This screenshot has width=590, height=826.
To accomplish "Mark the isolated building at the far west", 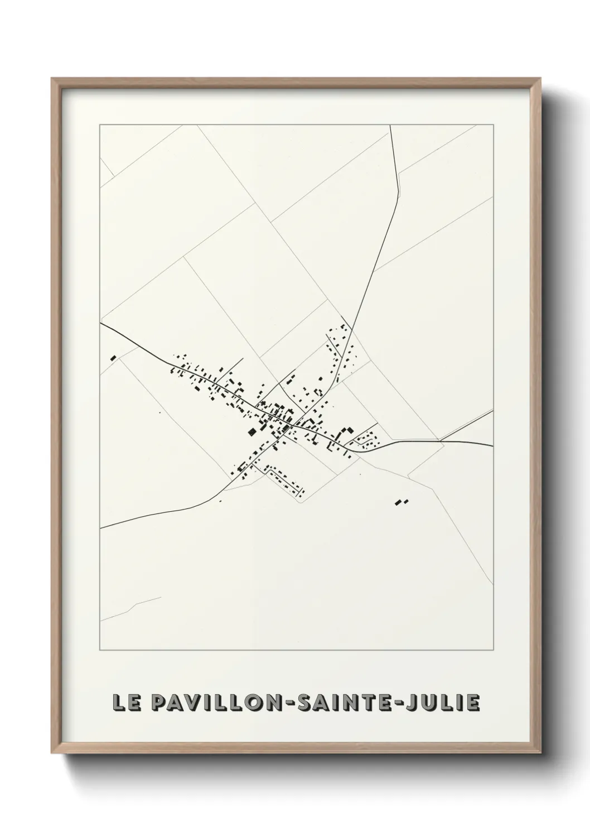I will (113, 358).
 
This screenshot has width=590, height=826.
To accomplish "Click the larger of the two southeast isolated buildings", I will (398, 503).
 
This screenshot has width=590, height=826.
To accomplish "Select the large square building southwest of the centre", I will (252, 431).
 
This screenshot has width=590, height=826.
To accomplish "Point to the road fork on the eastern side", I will (441, 441).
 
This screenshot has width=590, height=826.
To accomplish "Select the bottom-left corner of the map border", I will (100, 651).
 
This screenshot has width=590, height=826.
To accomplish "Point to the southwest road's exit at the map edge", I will (101, 527).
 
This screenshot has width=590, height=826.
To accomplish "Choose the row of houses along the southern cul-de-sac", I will (286, 479).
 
